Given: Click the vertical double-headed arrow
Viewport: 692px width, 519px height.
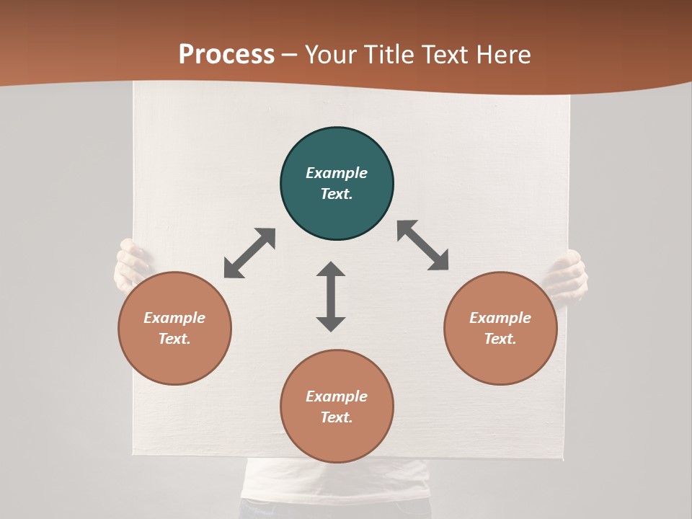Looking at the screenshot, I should pyautogui.click(x=331, y=296).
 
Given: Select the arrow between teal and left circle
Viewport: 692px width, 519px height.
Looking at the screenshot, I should pyautogui.click(x=249, y=253).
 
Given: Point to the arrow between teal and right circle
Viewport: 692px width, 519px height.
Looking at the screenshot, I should pyautogui.click(x=423, y=245).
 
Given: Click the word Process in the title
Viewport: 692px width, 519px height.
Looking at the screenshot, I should pyautogui.click(x=226, y=54).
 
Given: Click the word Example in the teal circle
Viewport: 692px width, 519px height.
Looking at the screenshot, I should pyautogui.click(x=337, y=173).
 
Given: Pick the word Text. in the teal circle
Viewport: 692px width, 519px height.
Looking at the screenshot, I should pyautogui.click(x=337, y=194).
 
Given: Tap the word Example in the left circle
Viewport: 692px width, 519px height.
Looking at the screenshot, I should pyautogui.click(x=174, y=318).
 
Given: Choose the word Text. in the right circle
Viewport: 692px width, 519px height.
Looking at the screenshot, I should pyautogui.click(x=500, y=339).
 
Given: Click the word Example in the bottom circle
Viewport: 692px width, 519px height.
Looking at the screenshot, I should pyautogui.click(x=337, y=396).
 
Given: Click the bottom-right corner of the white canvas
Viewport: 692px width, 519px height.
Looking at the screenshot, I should pyautogui.click(x=563, y=457).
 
